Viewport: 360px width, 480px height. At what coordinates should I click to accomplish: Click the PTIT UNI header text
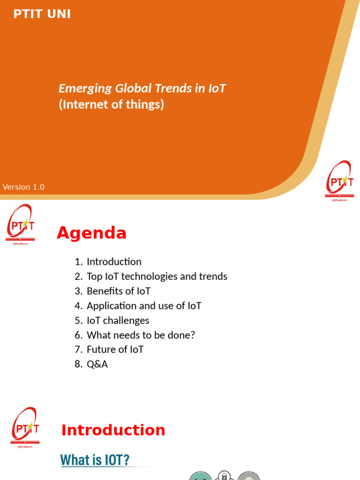(42, 14)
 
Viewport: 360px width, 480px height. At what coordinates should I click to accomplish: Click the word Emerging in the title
(85, 89)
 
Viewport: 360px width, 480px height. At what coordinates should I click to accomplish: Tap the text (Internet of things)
(112, 105)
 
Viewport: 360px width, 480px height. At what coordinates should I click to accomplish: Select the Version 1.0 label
(23, 187)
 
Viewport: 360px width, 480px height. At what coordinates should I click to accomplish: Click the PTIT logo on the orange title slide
(339, 180)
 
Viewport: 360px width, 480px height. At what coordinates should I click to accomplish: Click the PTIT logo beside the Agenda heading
(20, 225)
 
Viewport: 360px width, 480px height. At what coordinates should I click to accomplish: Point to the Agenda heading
(91, 233)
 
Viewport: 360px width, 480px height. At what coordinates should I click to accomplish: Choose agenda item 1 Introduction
(108, 262)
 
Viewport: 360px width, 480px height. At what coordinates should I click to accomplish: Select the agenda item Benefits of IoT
(119, 291)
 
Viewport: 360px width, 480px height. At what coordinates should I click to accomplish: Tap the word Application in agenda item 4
(112, 306)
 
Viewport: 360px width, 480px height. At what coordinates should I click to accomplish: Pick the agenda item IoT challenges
(118, 321)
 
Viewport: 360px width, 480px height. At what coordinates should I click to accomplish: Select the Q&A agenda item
(97, 364)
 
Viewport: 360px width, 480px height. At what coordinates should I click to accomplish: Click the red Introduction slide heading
(113, 430)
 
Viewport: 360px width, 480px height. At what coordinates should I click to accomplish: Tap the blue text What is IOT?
(95, 460)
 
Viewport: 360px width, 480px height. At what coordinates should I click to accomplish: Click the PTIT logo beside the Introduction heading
(25, 427)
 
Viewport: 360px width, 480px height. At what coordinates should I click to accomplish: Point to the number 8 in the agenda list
(78, 364)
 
